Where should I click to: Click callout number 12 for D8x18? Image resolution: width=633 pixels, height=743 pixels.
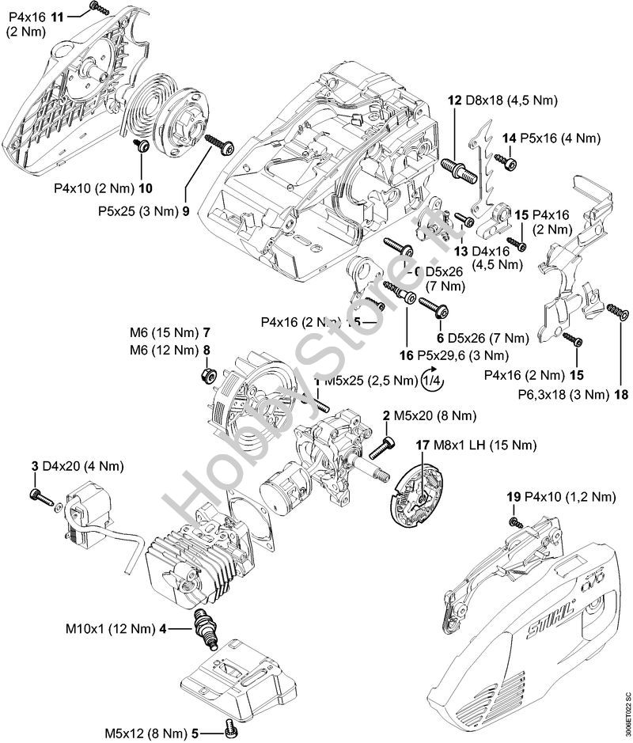click(454, 100)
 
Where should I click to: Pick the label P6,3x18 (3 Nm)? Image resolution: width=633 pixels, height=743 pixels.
click(562, 393)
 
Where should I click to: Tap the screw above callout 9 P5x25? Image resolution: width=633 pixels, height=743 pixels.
click(218, 145)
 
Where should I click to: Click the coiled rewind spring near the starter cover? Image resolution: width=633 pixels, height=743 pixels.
click(150, 116)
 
